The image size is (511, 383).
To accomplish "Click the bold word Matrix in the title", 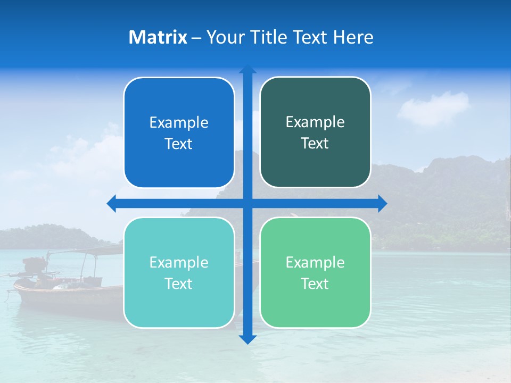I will click(x=158, y=37).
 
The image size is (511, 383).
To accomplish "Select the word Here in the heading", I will click(x=353, y=37).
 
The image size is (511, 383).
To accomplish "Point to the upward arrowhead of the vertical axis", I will click(x=248, y=70).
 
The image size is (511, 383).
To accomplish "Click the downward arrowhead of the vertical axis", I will click(x=248, y=339).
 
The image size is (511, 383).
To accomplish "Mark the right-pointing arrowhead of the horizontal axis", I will click(x=382, y=203).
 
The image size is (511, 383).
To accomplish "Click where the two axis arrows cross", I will click(x=248, y=203).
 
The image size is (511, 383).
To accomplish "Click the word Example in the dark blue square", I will click(x=179, y=123).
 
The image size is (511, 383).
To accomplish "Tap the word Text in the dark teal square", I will click(x=315, y=144).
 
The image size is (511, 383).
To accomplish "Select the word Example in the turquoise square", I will click(x=179, y=262).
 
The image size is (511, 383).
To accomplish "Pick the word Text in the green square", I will click(x=315, y=284).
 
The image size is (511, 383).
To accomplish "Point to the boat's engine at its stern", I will click(x=33, y=265).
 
